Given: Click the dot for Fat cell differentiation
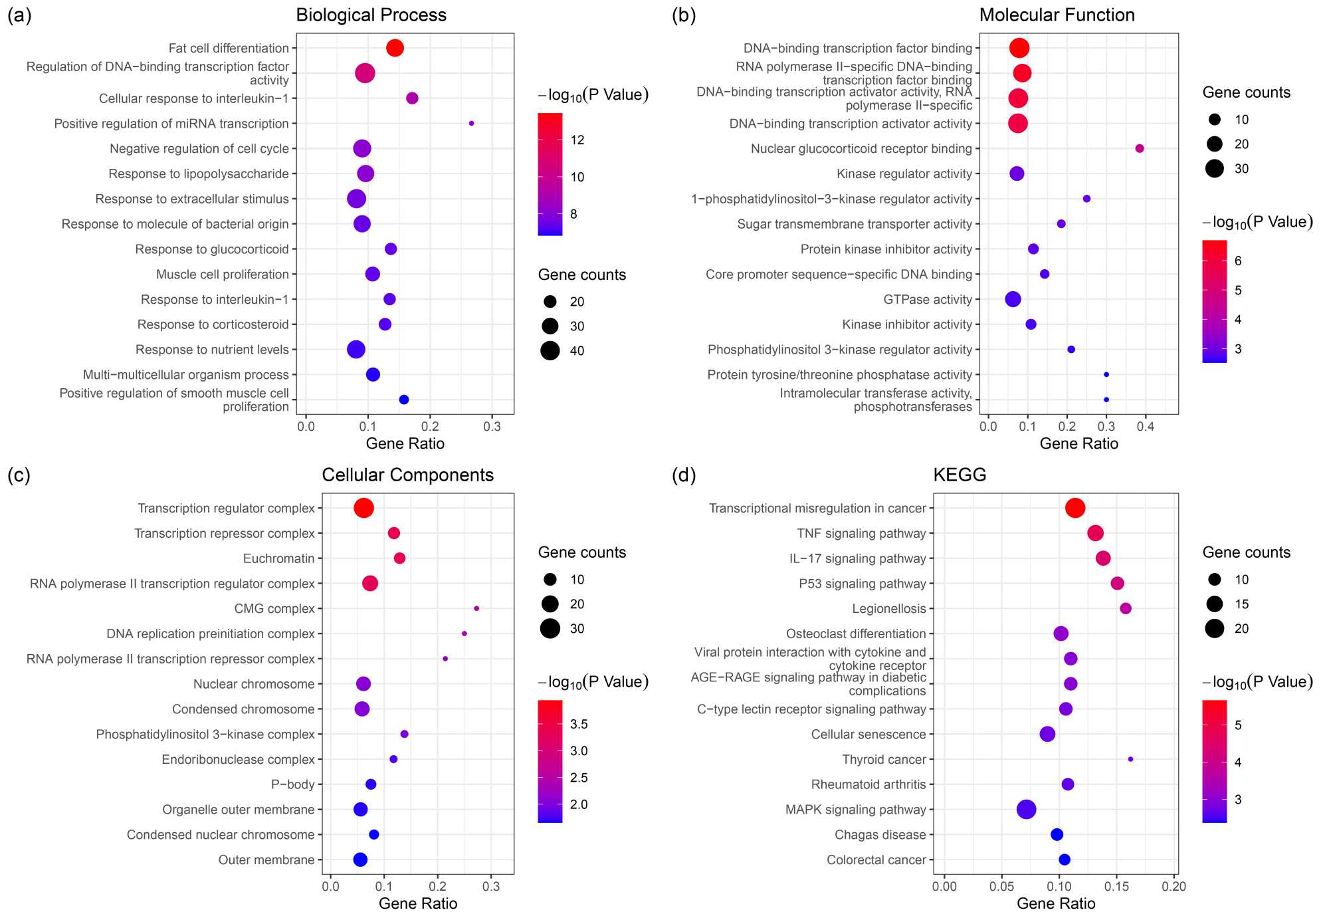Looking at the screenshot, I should [x=395, y=48].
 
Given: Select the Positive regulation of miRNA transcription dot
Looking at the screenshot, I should [x=471, y=124].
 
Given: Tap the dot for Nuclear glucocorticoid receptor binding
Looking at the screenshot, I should [x=1140, y=149].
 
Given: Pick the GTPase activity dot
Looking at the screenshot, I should [x=1013, y=299].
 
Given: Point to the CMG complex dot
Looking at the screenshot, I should [x=476, y=608].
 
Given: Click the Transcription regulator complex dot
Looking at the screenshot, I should [x=363, y=508].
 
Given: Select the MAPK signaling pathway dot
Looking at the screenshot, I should [x=1026, y=809].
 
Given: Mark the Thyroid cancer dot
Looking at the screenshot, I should [x=1130, y=759].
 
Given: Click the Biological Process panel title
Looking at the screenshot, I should [x=371, y=15].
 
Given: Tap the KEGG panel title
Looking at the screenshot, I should [x=960, y=475].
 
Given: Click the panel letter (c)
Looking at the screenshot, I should [x=19, y=475].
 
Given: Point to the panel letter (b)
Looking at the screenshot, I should [x=684, y=15].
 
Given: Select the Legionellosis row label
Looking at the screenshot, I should [x=888, y=609].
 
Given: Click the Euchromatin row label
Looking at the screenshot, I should [x=278, y=558].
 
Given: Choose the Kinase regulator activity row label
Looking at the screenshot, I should [x=904, y=174].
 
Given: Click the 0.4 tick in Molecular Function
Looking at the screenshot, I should [x=1146, y=426].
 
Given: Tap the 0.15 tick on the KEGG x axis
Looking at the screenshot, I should [x=1116, y=886].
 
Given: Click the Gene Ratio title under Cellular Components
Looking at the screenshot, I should [x=418, y=903].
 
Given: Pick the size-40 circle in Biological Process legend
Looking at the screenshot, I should [x=550, y=350].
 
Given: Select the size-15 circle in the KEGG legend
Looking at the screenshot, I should [x=1214, y=604].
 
